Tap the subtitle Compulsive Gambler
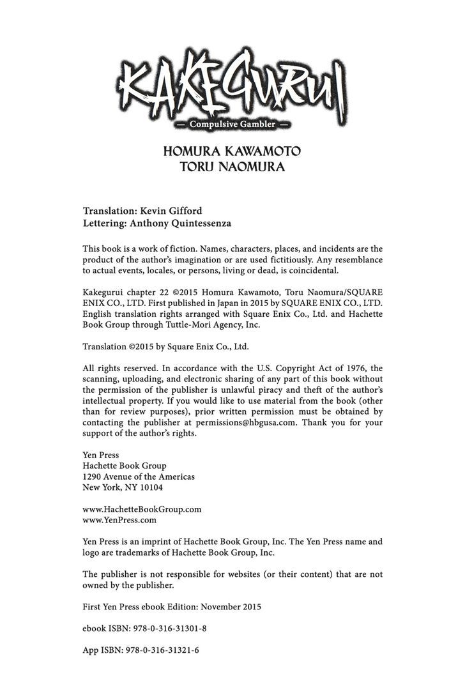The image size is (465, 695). coord(232,124)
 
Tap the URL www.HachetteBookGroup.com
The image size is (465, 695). coord(142,509)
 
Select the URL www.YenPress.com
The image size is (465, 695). coord(120,520)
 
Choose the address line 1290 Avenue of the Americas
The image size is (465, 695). coord(139,477)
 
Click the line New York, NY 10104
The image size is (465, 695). coord(123,487)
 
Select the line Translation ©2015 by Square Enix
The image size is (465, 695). coord(165,346)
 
